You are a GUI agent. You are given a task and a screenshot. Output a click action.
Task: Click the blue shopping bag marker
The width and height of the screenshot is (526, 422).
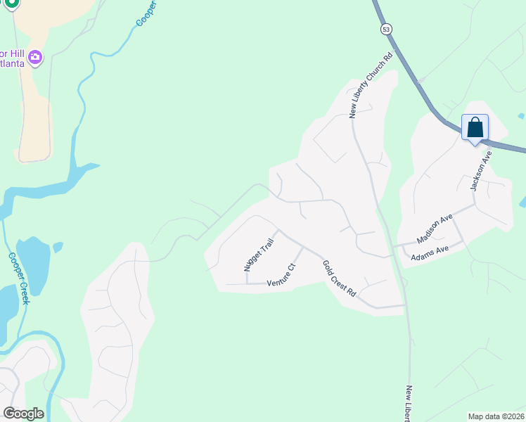point(475,128)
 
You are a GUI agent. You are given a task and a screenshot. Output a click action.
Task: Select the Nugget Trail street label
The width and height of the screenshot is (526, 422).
point(258,255)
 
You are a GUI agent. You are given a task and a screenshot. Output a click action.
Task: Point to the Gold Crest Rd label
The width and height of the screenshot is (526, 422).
point(340,278)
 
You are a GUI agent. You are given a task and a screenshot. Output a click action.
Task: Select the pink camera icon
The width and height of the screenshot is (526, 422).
point(35,57)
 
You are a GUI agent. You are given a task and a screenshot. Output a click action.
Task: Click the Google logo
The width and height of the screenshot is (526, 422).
point(23,414)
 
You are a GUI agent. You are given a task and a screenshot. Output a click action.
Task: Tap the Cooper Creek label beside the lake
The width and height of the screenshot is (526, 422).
point(18,278)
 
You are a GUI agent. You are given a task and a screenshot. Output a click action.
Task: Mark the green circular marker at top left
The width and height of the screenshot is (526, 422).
point(12,3)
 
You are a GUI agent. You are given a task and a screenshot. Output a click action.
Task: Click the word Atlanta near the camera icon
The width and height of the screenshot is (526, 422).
point(13,63)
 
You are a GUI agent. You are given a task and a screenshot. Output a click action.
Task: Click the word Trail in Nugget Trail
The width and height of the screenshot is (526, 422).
point(266,247)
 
